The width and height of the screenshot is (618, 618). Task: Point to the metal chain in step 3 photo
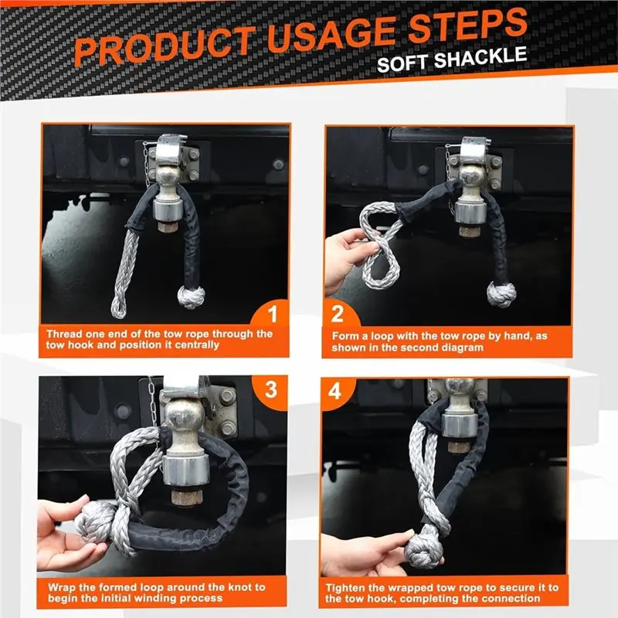pyautogui.click(x=153, y=402)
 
